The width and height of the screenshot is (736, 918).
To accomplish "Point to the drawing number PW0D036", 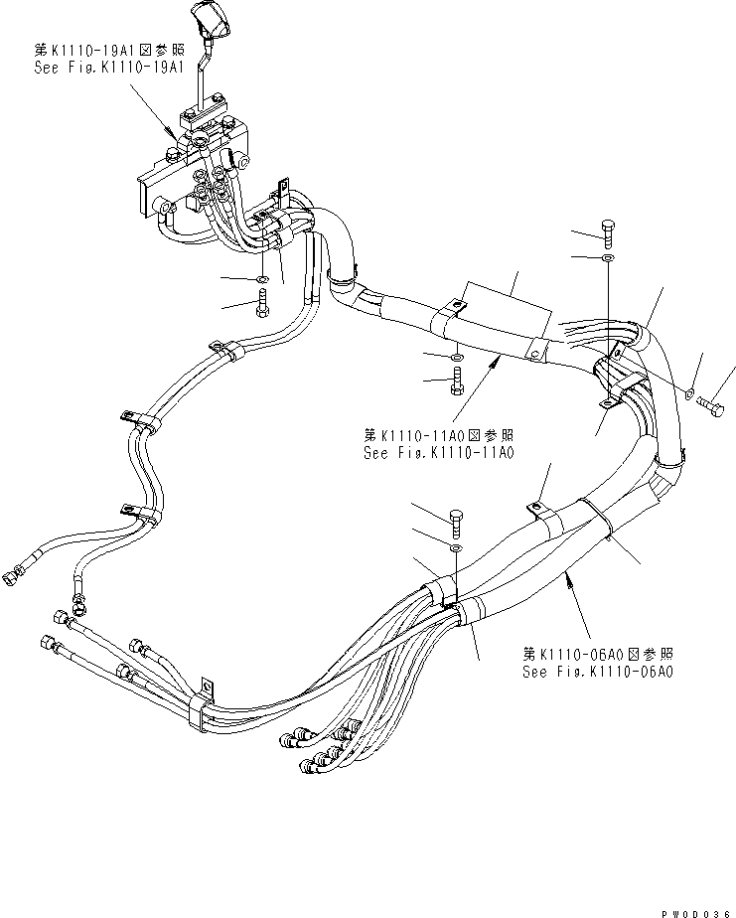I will click(692, 907).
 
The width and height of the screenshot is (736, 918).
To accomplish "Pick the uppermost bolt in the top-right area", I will click(609, 231).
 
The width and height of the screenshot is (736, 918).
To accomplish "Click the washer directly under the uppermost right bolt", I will click(609, 259).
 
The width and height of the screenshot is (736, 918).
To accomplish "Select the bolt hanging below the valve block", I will click(260, 302).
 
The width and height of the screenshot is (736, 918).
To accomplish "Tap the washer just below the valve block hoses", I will click(260, 279).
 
